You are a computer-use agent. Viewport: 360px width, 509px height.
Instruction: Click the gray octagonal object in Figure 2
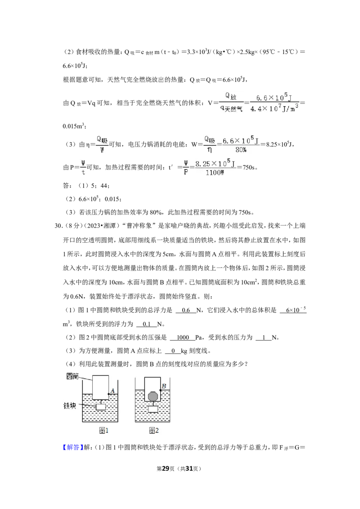click(x=153, y=396)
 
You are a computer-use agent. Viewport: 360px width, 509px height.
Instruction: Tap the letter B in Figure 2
click(x=164, y=386)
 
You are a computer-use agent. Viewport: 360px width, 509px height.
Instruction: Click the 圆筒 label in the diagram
click(x=72, y=376)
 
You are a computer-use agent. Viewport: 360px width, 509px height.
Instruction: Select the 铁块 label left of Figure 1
click(x=70, y=406)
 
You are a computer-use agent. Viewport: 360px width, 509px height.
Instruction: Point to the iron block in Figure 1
click(x=101, y=406)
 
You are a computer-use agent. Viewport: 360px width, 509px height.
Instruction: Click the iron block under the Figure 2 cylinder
click(x=153, y=409)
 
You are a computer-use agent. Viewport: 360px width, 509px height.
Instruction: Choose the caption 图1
click(x=103, y=430)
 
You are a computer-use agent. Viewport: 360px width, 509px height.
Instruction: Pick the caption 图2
click(x=154, y=430)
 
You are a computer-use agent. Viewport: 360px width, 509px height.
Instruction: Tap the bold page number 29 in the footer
click(x=166, y=469)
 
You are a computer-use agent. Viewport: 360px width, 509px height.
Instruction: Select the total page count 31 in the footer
click(x=189, y=469)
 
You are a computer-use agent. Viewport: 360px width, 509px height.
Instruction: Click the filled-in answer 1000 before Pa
click(x=183, y=338)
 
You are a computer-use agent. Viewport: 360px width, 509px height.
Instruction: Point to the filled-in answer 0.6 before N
click(x=186, y=310)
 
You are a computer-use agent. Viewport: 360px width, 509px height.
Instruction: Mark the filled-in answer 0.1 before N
click(x=147, y=324)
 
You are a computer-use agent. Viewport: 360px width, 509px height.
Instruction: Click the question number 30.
click(x=58, y=226)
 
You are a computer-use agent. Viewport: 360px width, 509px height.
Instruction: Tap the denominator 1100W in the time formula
click(x=215, y=173)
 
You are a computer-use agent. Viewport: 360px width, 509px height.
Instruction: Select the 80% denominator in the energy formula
click(x=241, y=150)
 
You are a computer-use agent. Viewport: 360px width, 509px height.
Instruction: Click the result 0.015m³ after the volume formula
click(x=74, y=126)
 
